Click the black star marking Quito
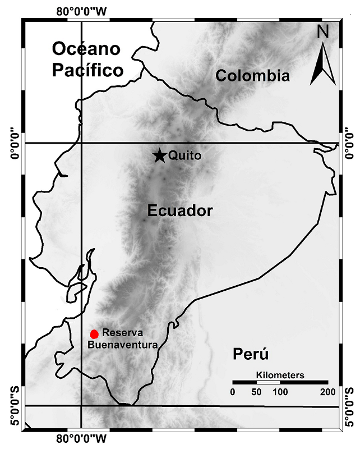click(160, 155)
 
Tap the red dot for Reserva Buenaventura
click(94, 334)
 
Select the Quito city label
click(184, 155)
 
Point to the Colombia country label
click(253, 76)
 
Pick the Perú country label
click(251, 354)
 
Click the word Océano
click(86, 49)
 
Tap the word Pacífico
click(87, 71)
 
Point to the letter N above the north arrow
click(322, 32)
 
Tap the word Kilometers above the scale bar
click(280, 374)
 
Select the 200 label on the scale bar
click(327, 391)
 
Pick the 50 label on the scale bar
click(256, 391)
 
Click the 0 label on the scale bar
click(233, 391)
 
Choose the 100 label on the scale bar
click(280, 391)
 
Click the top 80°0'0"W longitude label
click(82, 10)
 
